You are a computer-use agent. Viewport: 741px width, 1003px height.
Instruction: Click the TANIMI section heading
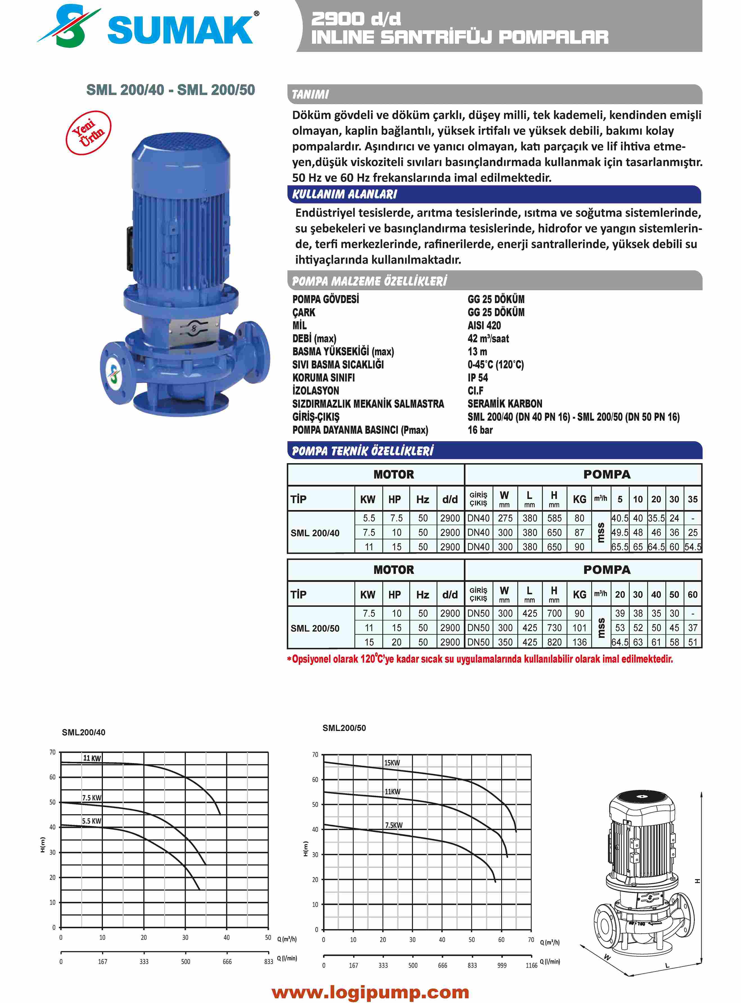[310, 95]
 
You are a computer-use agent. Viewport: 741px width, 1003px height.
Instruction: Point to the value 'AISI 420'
[484, 325]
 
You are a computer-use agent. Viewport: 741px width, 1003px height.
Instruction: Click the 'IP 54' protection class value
[478, 377]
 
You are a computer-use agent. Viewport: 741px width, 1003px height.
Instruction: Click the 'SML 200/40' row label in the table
[315, 533]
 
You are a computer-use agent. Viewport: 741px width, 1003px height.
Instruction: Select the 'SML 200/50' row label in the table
[315, 628]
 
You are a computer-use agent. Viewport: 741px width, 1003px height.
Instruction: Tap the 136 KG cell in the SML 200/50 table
[579, 642]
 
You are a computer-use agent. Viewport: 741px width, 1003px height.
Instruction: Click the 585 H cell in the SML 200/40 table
[554, 518]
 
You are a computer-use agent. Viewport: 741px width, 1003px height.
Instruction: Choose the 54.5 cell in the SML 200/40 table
[693, 547]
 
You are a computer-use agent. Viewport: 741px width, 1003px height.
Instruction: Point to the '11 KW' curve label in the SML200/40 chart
[92, 758]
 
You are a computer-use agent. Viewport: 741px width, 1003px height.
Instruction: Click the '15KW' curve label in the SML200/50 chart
[392, 763]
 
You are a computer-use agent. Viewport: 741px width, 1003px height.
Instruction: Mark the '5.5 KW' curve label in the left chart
[92, 821]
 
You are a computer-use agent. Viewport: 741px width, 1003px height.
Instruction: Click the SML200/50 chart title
[344, 728]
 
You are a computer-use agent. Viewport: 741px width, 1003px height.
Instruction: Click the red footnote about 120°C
[480, 659]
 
